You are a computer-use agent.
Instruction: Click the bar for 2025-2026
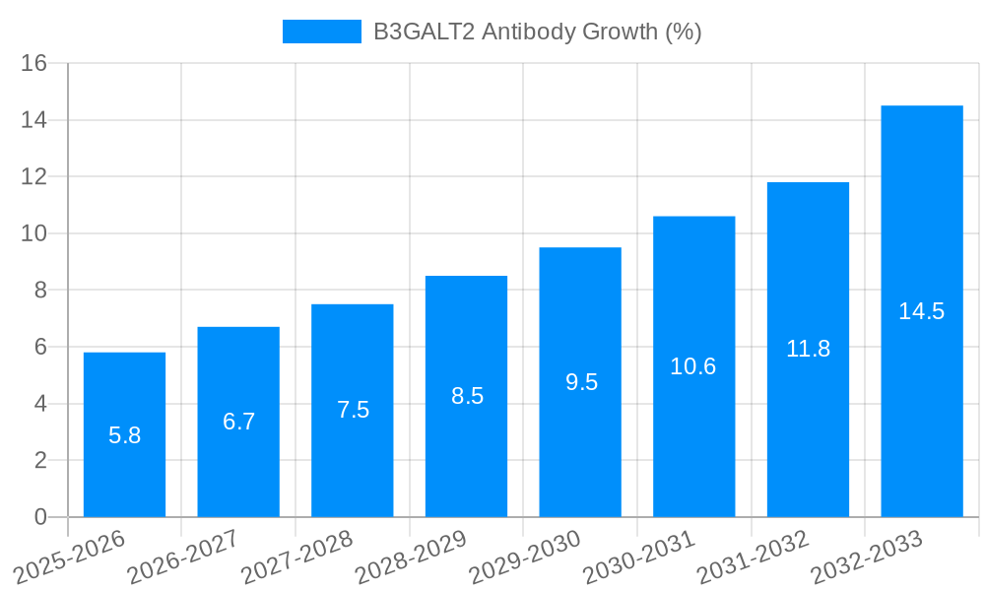pos(124,434)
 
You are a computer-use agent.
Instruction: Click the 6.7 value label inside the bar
pos(238,422)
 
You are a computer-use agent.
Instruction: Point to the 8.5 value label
pos(467,396)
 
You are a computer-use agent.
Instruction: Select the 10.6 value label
pos(693,366)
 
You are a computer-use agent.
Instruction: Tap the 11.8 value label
pos(808,349)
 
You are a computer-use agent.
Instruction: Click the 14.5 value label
pos(922,311)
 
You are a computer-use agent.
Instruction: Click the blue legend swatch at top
pos(322,32)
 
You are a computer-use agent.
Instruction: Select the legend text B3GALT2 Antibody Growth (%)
pos(537,32)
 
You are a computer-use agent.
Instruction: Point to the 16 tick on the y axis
pos(34,63)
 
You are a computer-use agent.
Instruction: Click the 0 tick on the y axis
pos(40,517)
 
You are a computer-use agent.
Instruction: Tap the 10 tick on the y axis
pos(34,233)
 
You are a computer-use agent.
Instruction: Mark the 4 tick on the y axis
pos(40,404)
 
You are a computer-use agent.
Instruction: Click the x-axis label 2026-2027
pos(184,557)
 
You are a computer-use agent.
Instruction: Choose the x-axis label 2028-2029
pos(412,557)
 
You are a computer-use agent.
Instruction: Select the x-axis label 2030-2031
pos(640,557)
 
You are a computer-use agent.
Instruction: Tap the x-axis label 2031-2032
pos(754,557)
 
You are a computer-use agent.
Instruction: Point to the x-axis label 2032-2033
pos(868,557)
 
